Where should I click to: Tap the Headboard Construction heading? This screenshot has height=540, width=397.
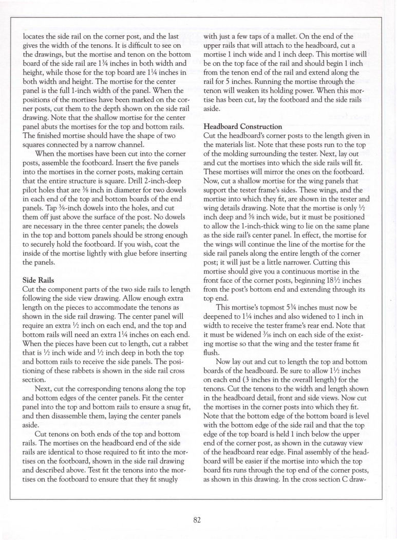click(243, 126)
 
